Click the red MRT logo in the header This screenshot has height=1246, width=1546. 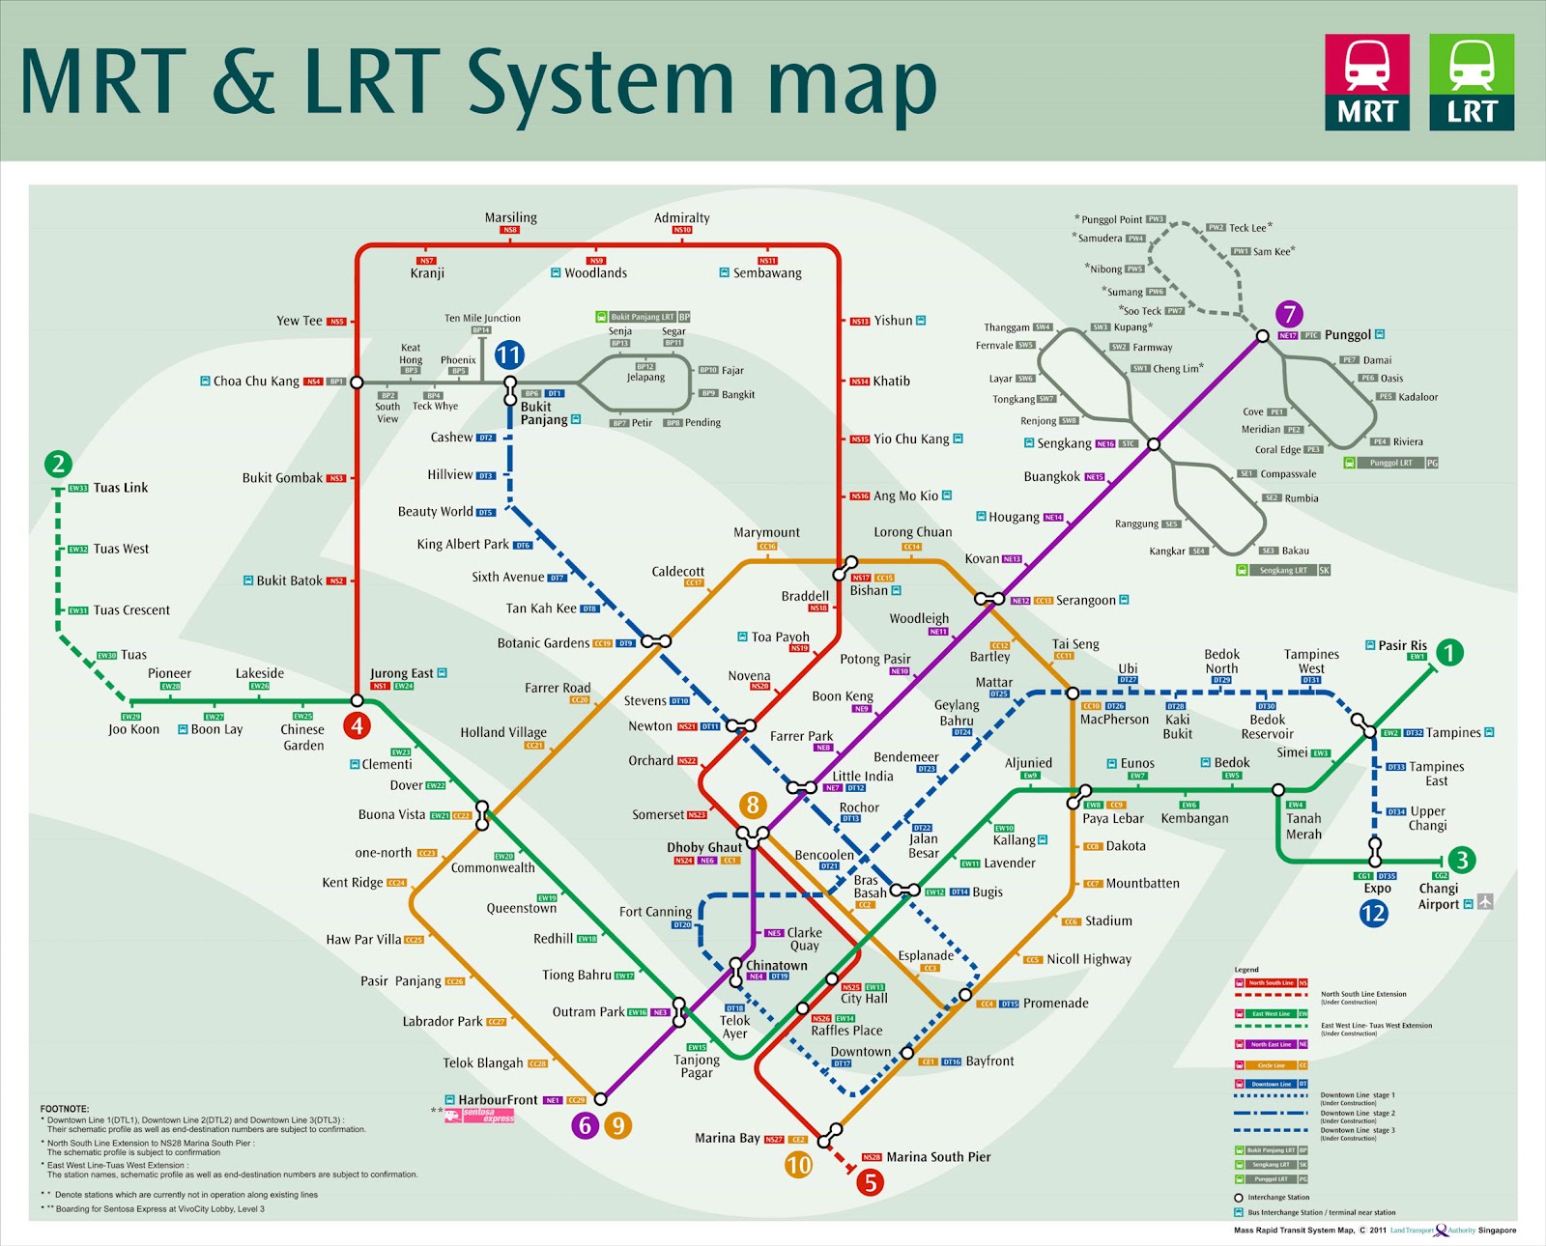[x=1367, y=82]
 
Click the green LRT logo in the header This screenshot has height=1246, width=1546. [x=1472, y=82]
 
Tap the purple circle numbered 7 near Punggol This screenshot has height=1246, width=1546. [x=1289, y=314]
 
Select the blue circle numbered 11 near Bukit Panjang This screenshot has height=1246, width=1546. [x=509, y=355]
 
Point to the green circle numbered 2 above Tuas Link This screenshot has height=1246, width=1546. [x=58, y=464]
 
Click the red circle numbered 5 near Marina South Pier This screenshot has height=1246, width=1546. [x=870, y=1181]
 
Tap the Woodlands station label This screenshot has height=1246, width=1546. [x=595, y=273]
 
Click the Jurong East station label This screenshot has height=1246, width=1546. [x=402, y=673]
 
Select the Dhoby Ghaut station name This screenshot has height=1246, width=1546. [x=704, y=847]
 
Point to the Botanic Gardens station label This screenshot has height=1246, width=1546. [x=543, y=643]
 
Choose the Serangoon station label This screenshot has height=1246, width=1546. [x=1085, y=600]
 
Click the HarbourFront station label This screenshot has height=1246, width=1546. [x=498, y=1099]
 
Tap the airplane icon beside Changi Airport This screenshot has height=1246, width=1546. [x=1485, y=902]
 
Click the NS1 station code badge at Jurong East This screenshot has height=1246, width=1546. [x=380, y=686]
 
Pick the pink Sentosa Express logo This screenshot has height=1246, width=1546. [x=480, y=1116]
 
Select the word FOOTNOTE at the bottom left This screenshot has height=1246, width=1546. [x=65, y=1109]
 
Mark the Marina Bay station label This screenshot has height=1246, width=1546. [x=727, y=1138]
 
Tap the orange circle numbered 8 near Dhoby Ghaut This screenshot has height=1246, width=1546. [x=753, y=805]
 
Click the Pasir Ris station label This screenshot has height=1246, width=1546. [x=1402, y=645]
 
